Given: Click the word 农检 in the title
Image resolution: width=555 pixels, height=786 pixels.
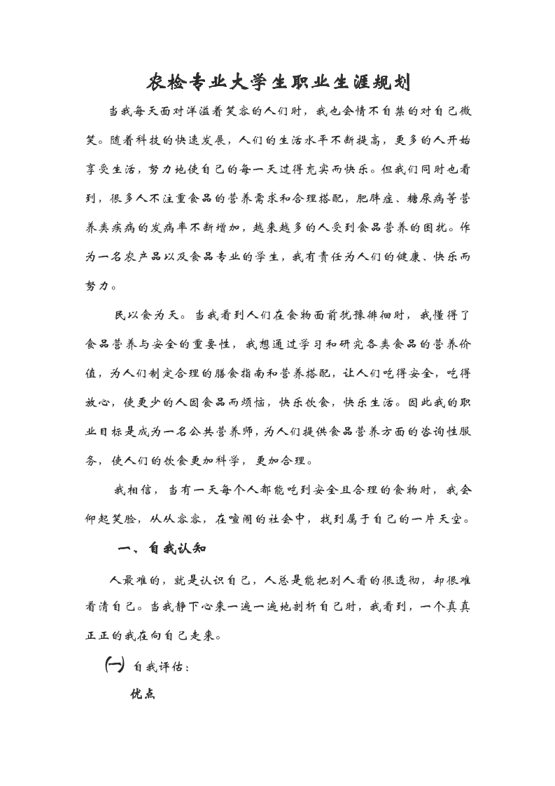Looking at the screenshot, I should click(x=166, y=83).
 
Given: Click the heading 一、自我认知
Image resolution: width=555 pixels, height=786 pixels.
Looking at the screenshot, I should click(x=162, y=549).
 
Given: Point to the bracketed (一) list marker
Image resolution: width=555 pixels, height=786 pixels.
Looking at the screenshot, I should click(x=113, y=665).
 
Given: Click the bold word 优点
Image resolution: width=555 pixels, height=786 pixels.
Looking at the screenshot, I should click(x=142, y=694).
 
